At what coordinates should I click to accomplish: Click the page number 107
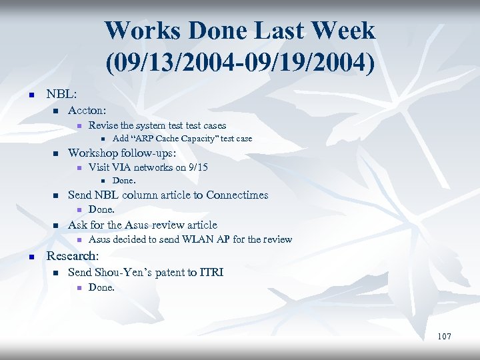tap(444, 336)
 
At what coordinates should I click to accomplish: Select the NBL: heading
tap(62, 95)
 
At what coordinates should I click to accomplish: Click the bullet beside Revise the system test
tap(78, 126)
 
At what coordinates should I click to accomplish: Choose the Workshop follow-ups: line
tap(122, 153)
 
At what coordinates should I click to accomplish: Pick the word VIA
tap(121, 167)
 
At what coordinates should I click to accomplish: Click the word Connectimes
tap(237, 195)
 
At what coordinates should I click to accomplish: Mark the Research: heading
tap(72, 256)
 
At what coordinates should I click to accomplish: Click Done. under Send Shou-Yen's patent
tap(101, 287)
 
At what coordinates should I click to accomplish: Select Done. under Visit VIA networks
tap(124, 181)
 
